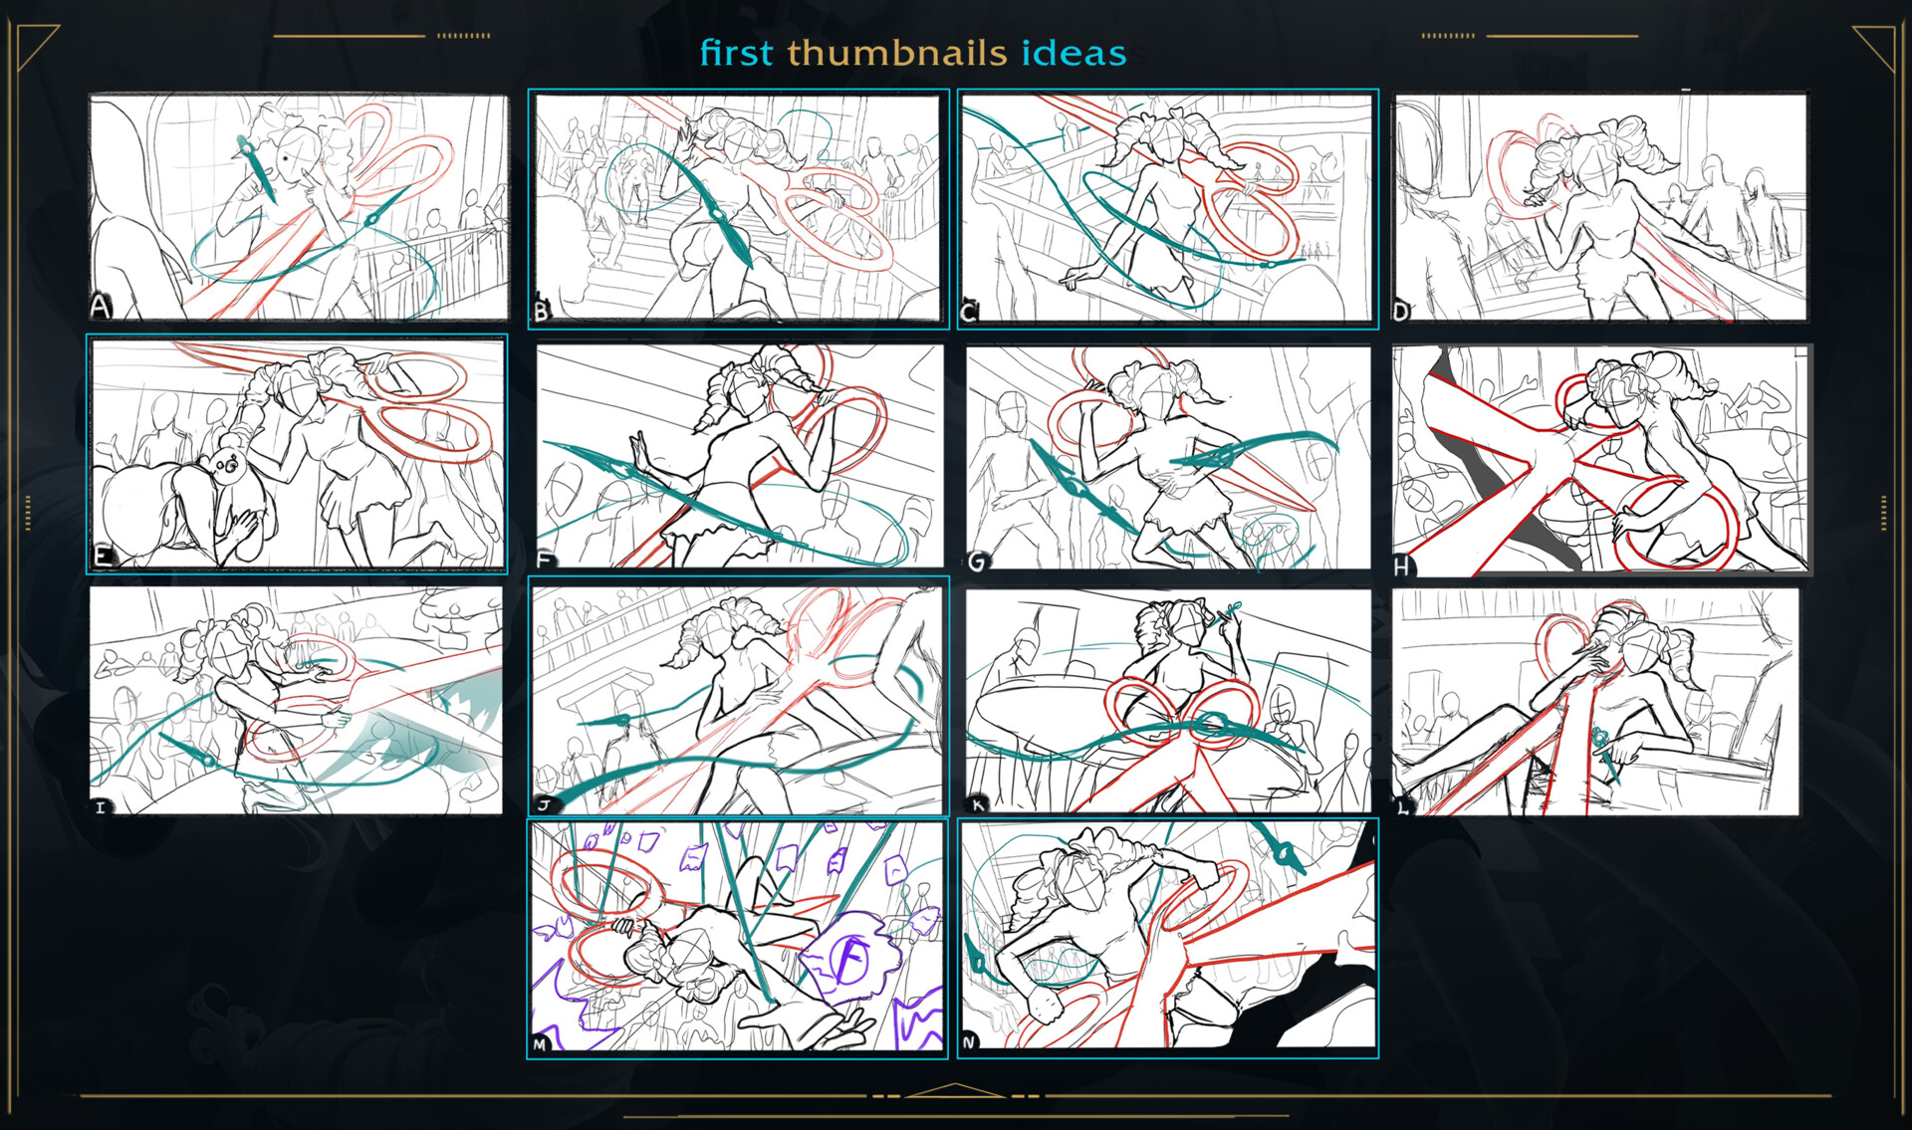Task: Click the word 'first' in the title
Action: click(x=736, y=53)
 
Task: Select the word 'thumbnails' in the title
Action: click(x=897, y=53)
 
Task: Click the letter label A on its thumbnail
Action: click(x=100, y=306)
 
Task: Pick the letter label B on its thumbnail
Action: click(x=542, y=312)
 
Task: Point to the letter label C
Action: click(x=969, y=313)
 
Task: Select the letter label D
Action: click(x=1401, y=312)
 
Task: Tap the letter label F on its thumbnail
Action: click(x=545, y=559)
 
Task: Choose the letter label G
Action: click(x=977, y=561)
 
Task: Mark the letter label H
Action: click(x=1402, y=566)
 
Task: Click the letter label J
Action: click(x=544, y=804)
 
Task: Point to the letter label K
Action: click(x=978, y=804)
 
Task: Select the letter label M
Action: click(x=540, y=1044)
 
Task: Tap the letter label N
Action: click(x=970, y=1042)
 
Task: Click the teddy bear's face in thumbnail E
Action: click(x=225, y=464)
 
